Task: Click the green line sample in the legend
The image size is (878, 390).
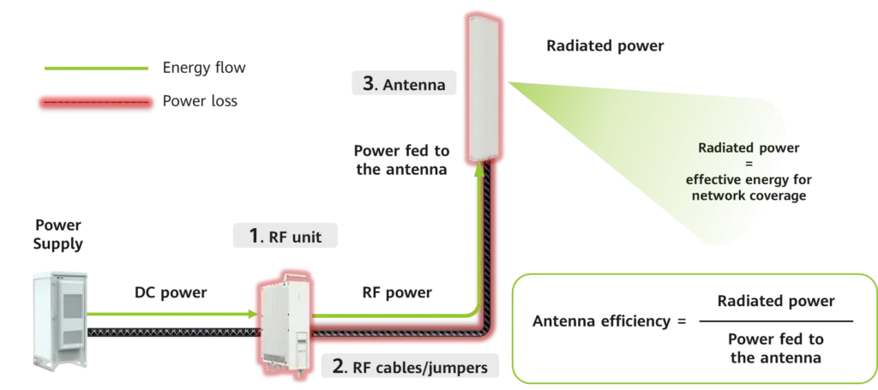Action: pos(95,66)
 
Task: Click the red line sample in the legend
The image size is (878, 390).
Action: pos(95,101)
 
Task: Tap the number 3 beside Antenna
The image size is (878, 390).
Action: pos(369,84)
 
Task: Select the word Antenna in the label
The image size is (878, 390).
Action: pos(414,85)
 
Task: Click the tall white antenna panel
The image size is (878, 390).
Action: pos(481,86)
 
